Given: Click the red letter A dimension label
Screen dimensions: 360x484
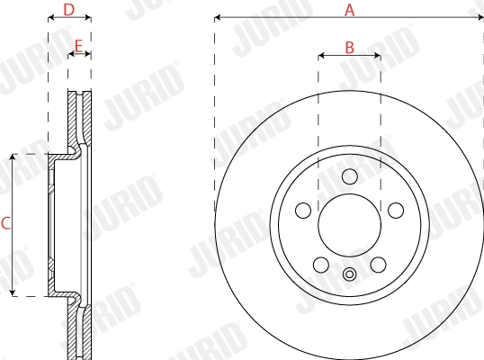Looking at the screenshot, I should tap(350, 10).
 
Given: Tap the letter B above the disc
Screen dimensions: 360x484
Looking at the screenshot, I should tap(350, 46).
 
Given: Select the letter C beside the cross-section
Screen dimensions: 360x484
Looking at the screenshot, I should tap(5, 224).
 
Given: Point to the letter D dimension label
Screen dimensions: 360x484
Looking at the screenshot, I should tap(69, 10).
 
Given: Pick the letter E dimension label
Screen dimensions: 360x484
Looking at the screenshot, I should tap(79, 45).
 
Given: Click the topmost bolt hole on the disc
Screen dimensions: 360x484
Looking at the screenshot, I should tap(349, 176).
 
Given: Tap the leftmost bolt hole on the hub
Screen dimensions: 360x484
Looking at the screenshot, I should tap(303, 210).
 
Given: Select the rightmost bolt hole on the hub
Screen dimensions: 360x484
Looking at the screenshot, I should tap(395, 210).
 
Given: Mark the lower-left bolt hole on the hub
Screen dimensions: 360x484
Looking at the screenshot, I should tap(320, 264).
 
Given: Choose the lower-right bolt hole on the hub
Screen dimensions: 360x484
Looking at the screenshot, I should tap(378, 264).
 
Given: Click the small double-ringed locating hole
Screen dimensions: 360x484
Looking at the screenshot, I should tap(349, 274).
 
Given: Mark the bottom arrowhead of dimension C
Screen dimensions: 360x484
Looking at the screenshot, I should tap(13, 292).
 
